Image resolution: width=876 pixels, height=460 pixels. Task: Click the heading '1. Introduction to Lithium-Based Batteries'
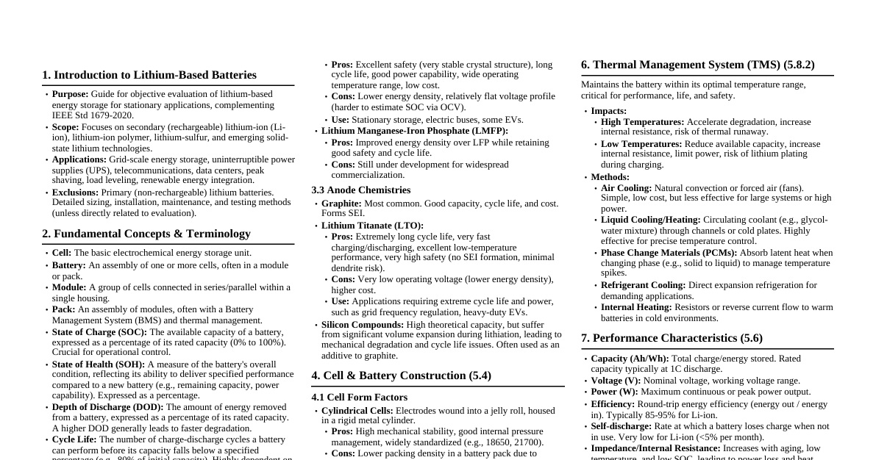point(149,75)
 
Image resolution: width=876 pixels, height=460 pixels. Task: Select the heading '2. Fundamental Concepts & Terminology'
point(146,234)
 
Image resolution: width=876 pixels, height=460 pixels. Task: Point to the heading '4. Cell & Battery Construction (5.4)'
point(401,375)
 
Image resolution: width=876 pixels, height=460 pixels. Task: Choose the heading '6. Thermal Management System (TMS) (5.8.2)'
point(697,65)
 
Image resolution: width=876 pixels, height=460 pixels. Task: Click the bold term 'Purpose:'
point(70,94)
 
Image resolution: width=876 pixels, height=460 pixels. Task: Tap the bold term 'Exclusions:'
point(75,193)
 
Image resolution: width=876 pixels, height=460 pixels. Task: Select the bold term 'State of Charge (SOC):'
point(99,332)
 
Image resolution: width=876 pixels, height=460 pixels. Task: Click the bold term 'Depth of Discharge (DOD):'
point(107,407)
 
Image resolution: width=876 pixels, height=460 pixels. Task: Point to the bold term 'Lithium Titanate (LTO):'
point(372,226)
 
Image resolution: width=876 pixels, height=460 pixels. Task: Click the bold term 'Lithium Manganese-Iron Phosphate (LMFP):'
point(414,131)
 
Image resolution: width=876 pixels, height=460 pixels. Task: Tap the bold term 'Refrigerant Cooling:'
point(643,285)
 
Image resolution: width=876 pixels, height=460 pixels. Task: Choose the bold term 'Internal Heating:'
point(636,307)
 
